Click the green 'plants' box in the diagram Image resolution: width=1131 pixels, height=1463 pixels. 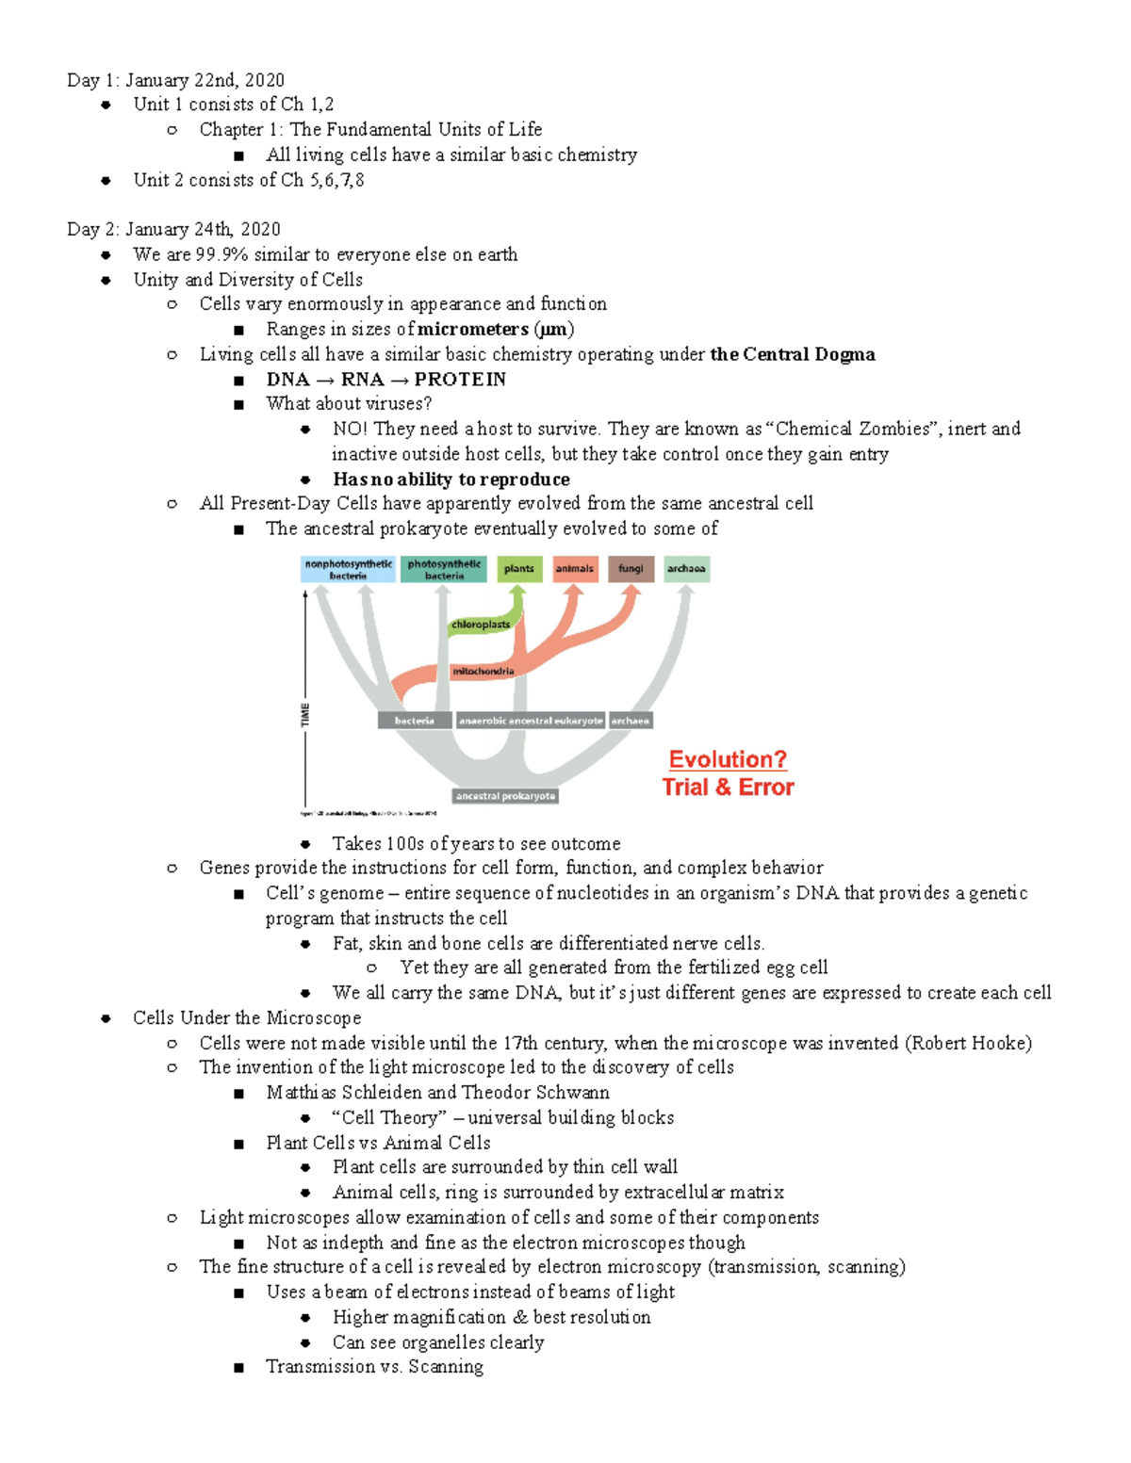tap(519, 569)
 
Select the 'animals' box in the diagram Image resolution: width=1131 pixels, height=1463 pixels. tap(575, 569)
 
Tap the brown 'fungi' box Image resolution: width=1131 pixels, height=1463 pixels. tap(631, 569)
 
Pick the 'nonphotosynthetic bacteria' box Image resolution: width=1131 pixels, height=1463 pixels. tap(348, 569)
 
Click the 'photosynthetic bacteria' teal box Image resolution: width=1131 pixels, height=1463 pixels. tap(444, 569)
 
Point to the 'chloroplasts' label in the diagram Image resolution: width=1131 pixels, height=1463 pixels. tap(481, 625)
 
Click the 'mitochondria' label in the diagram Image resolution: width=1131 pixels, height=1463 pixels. tap(484, 672)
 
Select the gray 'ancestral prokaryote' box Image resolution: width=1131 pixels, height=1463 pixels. tap(505, 796)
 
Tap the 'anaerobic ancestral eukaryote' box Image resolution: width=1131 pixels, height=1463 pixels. tap(531, 721)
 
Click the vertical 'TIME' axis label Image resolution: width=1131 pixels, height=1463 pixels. tap(304, 714)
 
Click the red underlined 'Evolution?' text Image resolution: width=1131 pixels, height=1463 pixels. tap(728, 759)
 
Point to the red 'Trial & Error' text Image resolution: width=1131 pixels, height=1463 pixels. tap(728, 788)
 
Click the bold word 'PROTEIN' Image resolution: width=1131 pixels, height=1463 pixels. tap(460, 380)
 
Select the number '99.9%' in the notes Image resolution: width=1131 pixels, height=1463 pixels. tap(221, 254)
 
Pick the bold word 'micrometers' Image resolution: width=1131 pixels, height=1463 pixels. tap(473, 330)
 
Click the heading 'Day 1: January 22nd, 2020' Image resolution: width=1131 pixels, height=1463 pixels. tap(175, 80)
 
